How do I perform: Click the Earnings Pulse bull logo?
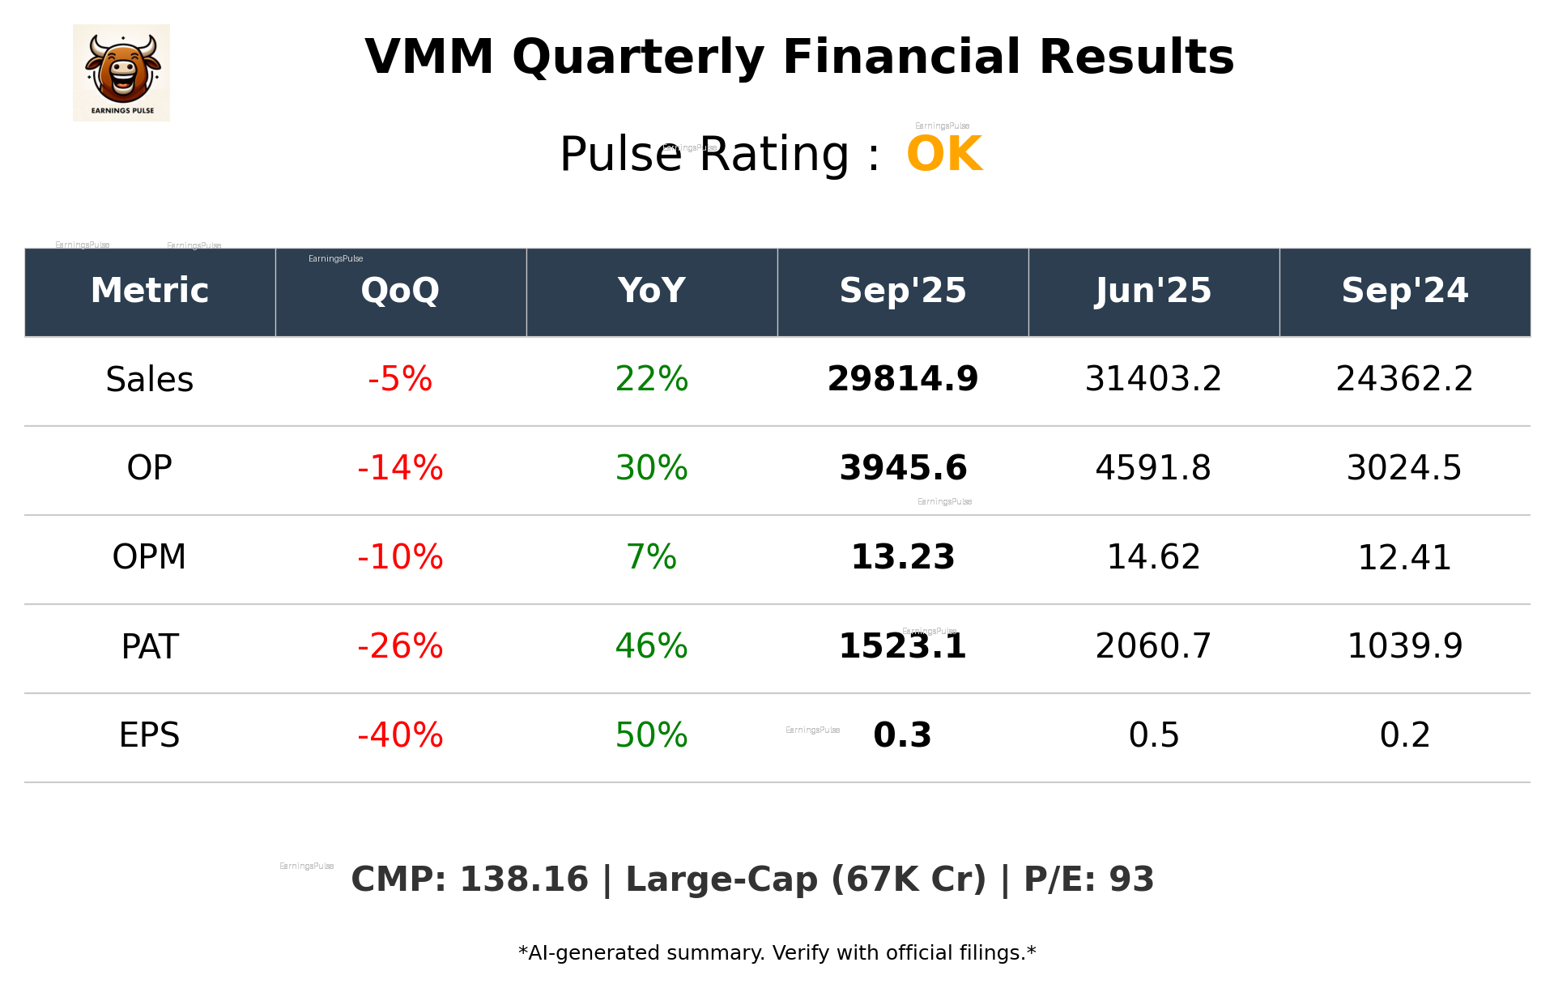[x=121, y=73]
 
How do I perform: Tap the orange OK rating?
[x=944, y=154]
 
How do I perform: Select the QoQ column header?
[x=400, y=291]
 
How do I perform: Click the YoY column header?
[x=651, y=291]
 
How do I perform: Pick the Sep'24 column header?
[x=1404, y=291]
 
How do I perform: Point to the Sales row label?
[x=150, y=380]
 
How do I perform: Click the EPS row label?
[x=150, y=735]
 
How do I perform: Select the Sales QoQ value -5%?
[x=400, y=380]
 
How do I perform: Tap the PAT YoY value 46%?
[x=651, y=646]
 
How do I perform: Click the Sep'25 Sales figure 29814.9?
[x=902, y=380]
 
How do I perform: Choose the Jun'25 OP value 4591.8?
[x=1153, y=468]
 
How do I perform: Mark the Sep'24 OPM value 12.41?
[x=1404, y=557]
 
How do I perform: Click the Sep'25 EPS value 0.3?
[x=902, y=735]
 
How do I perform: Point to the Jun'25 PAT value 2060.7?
[x=1153, y=646]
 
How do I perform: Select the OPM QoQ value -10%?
[x=400, y=557]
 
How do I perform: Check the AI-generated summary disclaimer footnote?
[x=777, y=953]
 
